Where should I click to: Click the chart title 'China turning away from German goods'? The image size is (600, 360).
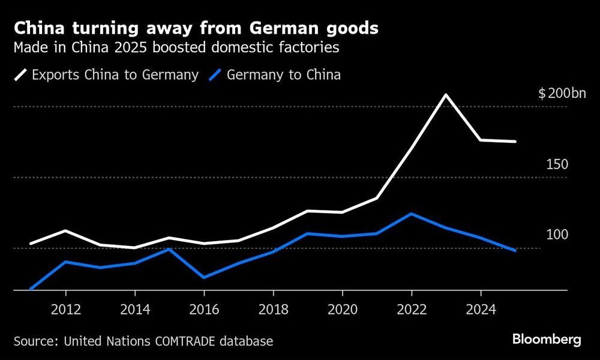[x=196, y=28]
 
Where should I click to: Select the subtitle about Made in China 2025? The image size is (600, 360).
[x=177, y=48]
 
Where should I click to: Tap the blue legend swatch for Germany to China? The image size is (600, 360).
[x=217, y=76]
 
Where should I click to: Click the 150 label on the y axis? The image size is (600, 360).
[x=557, y=164]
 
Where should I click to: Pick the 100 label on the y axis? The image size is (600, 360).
[x=557, y=235]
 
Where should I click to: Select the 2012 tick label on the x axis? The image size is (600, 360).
[x=65, y=310]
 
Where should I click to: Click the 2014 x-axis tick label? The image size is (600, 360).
[x=135, y=310]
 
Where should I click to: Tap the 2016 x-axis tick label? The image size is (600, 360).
[x=204, y=310]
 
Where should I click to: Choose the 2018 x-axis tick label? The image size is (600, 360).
[x=273, y=310]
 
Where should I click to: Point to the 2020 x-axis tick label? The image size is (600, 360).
[x=342, y=310]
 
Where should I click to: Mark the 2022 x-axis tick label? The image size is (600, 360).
[x=411, y=310]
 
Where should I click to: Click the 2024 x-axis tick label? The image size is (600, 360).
[x=480, y=310]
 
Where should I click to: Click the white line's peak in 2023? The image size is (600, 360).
[x=446, y=95]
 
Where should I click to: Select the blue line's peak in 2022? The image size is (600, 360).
[x=411, y=214]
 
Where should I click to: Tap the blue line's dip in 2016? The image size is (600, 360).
[x=204, y=277]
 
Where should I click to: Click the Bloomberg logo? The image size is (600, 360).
[x=547, y=340]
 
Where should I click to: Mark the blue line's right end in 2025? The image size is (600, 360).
[x=515, y=251]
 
